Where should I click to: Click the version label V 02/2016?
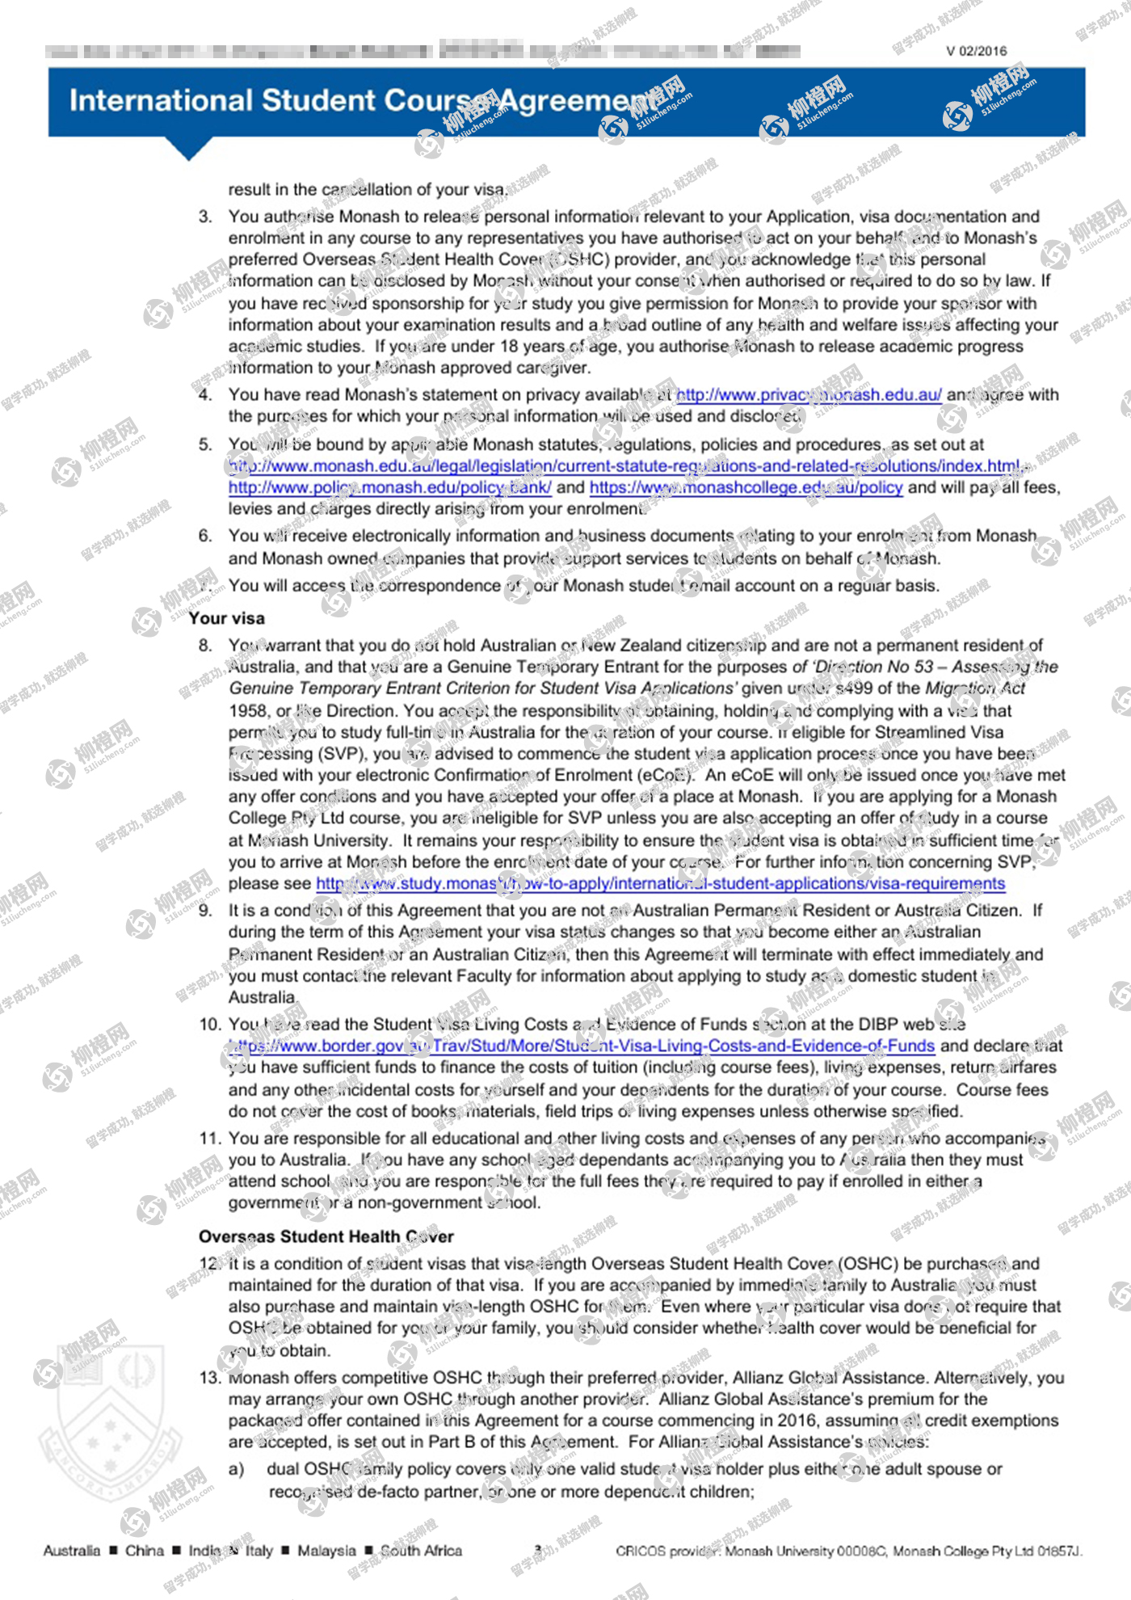pyautogui.click(x=976, y=51)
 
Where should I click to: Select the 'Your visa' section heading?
pyautogui.click(x=226, y=618)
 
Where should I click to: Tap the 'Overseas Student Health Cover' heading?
pyautogui.click(x=326, y=1236)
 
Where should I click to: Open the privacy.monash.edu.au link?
pyautogui.click(x=808, y=395)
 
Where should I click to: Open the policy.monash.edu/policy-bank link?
pyautogui.click(x=389, y=487)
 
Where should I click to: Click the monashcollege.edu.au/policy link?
pyautogui.click(x=746, y=487)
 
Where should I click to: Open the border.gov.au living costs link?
pyautogui.click(x=582, y=1046)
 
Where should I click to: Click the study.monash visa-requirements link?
pyautogui.click(x=660, y=883)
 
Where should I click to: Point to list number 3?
pyautogui.click(x=205, y=217)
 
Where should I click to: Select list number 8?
pyautogui.click(x=205, y=646)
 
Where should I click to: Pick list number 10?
pyautogui.click(x=209, y=1025)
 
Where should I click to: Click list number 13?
pyautogui.click(x=209, y=1378)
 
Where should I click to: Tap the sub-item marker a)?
pyautogui.click(x=236, y=1469)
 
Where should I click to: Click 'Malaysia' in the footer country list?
pyautogui.click(x=326, y=1551)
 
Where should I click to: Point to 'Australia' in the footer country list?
pyautogui.click(x=72, y=1551)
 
